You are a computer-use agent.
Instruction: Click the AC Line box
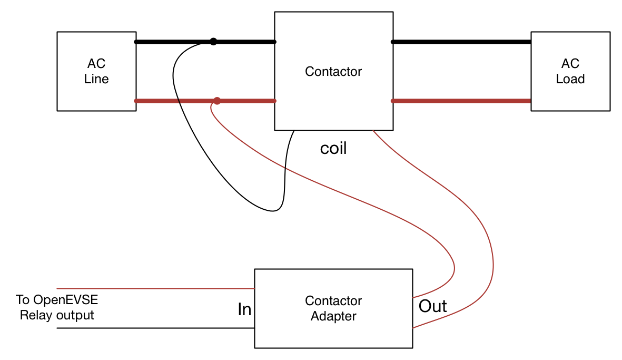[x=96, y=71]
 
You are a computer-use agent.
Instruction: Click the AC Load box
[x=570, y=71]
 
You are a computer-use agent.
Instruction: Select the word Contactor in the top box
[x=333, y=71]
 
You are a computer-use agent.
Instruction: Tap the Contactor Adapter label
[x=333, y=308]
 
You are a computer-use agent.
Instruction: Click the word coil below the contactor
[x=333, y=149]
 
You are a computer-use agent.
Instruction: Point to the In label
[x=244, y=309]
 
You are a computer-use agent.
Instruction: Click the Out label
[x=432, y=306]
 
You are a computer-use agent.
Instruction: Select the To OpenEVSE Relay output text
[x=57, y=308]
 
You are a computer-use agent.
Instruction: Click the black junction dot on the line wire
[x=213, y=42]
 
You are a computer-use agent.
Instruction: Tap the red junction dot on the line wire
[x=217, y=101]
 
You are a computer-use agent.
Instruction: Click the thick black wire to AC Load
[x=461, y=42]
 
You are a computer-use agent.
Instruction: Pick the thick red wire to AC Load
[x=461, y=101]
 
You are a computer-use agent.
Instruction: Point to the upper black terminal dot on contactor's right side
[x=393, y=42]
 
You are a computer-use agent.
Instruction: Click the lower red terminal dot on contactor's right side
[x=393, y=101]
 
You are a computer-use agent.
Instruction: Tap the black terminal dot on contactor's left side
[x=274, y=42]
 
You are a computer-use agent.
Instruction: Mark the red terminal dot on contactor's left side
[x=274, y=101]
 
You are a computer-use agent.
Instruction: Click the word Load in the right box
[x=570, y=79]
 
